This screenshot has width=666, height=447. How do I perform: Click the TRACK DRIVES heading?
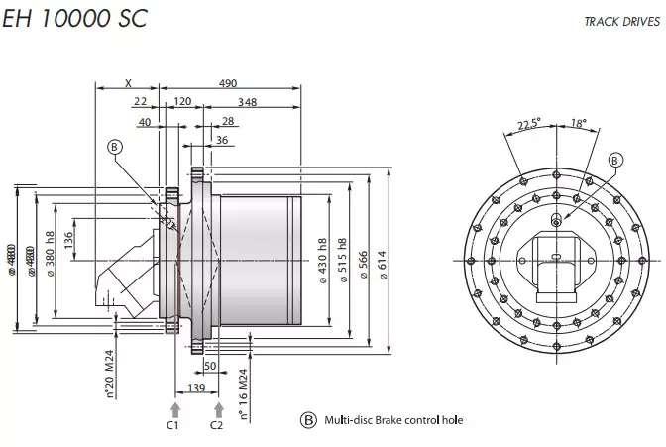tap(620, 20)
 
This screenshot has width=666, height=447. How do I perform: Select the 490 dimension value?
tap(227, 83)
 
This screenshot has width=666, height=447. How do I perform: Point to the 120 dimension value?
tap(182, 102)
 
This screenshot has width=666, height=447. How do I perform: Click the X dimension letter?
tap(128, 83)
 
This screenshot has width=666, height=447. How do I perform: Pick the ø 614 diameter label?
tap(383, 261)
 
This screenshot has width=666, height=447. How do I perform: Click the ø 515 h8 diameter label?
tap(342, 261)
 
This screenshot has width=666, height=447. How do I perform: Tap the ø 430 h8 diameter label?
tap(322, 261)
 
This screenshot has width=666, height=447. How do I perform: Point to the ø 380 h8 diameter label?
tap(49, 255)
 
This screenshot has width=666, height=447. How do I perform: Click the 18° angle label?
tap(580, 123)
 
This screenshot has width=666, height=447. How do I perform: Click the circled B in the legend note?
tap(309, 419)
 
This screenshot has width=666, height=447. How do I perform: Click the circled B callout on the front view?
tap(614, 160)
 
